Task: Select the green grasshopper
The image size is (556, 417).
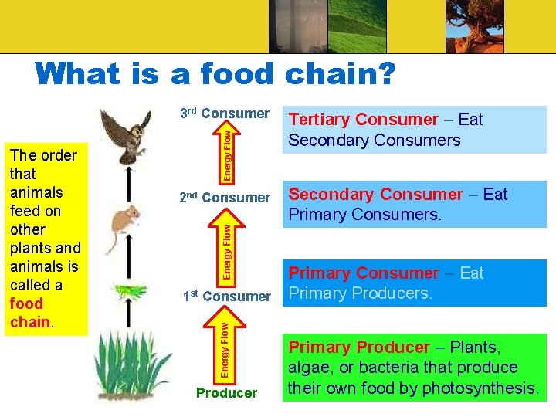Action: click(x=132, y=292)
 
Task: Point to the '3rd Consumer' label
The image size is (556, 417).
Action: click(x=224, y=114)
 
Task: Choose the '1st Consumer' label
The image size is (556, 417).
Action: click(x=226, y=297)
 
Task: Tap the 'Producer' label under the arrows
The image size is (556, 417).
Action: click(x=226, y=393)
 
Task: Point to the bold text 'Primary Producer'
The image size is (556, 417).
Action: click(x=359, y=347)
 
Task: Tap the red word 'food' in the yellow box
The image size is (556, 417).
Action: click(x=26, y=303)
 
